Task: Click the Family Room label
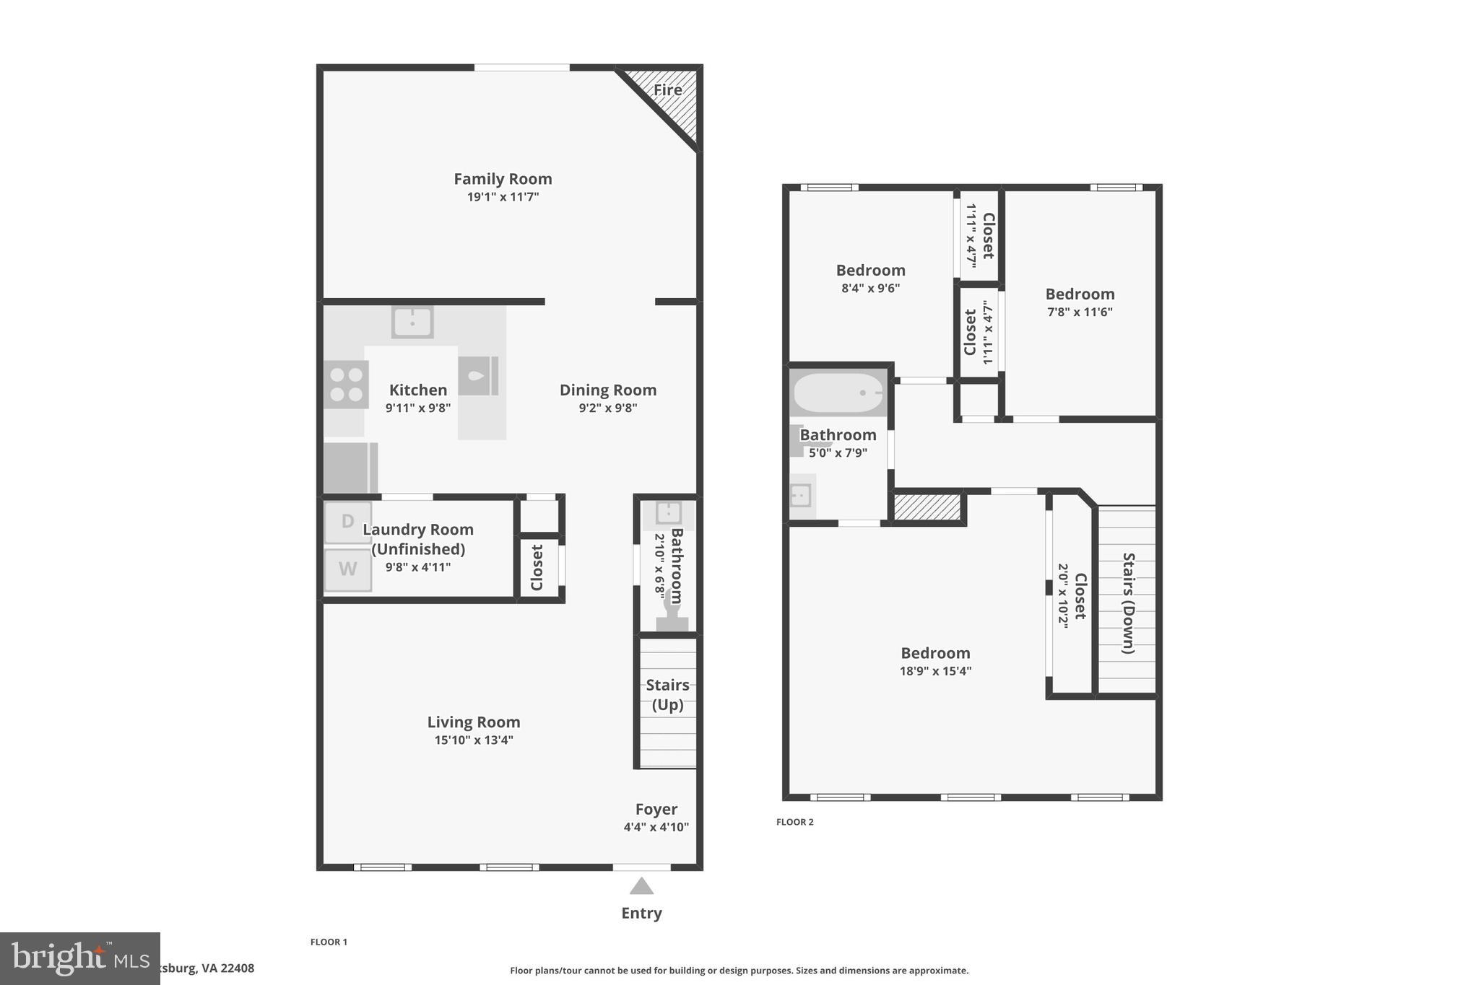pos(503,179)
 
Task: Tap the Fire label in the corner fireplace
pos(667,90)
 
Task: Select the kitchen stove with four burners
pos(346,385)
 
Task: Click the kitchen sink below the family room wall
pos(412,322)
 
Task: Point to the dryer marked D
pos(347,522)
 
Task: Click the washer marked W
pos(347,569)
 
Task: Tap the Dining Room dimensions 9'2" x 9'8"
pos(607,408)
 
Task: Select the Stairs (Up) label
pos(667,694)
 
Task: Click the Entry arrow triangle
pos(641,886)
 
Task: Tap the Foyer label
pos(656,810)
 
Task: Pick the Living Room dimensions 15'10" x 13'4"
pos(474,740)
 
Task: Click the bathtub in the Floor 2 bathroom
pos(838,393)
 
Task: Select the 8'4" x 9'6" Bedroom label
pos(870,271)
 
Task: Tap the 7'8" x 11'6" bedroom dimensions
pos(1080,312)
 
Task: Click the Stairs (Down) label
pos(1128,603)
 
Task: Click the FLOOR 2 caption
pos(794,822)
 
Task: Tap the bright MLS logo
pos(79,958)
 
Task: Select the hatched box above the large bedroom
pos(928,507)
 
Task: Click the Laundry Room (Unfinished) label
pos(418,539)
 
